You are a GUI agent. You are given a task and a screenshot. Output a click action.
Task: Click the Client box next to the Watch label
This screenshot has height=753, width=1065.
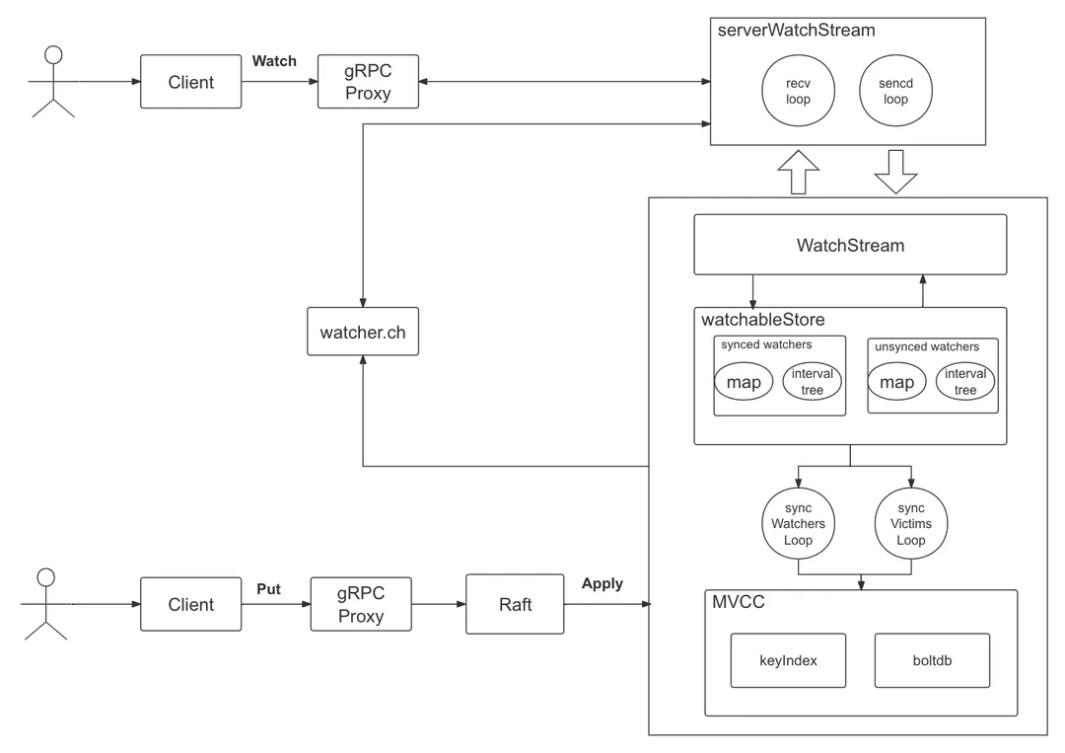190,82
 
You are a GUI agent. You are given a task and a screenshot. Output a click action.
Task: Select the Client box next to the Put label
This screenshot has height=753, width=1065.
190,604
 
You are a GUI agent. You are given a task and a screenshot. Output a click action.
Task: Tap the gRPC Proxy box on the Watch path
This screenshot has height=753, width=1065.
368,82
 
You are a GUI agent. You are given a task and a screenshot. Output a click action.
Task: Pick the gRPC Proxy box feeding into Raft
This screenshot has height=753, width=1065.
361,604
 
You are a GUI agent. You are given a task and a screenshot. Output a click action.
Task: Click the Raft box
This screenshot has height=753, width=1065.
515,604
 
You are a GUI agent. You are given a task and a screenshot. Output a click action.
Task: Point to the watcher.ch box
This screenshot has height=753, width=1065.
363,333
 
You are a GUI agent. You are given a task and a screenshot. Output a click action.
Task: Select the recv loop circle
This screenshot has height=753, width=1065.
798,92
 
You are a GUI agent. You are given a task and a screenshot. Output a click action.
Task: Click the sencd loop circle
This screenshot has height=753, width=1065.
895,92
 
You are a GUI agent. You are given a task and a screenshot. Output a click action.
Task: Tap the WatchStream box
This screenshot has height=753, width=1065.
850,245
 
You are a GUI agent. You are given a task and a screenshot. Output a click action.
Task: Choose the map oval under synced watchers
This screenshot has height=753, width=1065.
744,382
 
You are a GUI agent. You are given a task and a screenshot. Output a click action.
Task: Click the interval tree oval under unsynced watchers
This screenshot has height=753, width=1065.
965,382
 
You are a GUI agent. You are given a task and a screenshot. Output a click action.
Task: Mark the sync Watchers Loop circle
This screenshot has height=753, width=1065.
798,524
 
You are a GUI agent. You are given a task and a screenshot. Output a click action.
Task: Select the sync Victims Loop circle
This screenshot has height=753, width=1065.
910,524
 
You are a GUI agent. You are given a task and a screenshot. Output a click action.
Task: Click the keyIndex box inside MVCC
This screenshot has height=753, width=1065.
788,660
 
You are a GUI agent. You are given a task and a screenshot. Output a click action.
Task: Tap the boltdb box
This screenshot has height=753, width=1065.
932,660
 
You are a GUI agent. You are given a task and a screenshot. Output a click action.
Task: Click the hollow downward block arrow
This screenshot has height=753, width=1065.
895,172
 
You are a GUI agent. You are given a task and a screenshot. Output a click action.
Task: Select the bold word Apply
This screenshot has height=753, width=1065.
602,583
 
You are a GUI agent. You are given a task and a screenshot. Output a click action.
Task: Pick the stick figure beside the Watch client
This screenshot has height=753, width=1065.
53,82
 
